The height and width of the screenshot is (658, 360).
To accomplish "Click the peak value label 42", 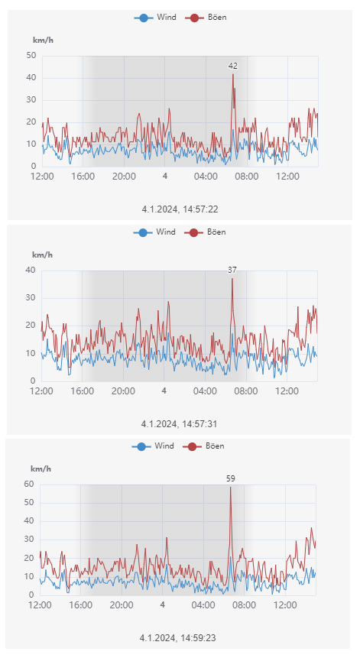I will point(233,66).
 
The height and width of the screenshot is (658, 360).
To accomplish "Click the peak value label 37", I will point(232,270).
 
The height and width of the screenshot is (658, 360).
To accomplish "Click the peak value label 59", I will point(231,478).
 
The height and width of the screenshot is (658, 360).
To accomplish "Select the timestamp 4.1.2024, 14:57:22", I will point(180,208).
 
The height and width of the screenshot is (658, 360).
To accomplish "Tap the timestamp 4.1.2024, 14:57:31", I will point(180,423).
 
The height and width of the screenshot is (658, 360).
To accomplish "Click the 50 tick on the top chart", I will point(31,56).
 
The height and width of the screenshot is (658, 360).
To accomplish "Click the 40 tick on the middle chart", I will point(31,270).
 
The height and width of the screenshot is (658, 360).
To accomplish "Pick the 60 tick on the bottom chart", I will point(30,484).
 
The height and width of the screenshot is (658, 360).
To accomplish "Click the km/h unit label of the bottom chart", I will point(40,468).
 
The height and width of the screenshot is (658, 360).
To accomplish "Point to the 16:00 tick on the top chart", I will point(83,177).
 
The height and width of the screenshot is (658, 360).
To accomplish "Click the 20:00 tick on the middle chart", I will point(123,391).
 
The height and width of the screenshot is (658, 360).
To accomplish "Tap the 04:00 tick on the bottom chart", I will point(203,605).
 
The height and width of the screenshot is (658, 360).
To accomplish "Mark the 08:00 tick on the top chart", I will point(247,177).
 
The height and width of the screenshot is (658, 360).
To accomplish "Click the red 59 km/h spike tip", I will point(231,488).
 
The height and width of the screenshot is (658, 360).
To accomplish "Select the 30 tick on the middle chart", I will point(31,298).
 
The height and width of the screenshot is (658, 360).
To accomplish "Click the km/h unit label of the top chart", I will point(42,40).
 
